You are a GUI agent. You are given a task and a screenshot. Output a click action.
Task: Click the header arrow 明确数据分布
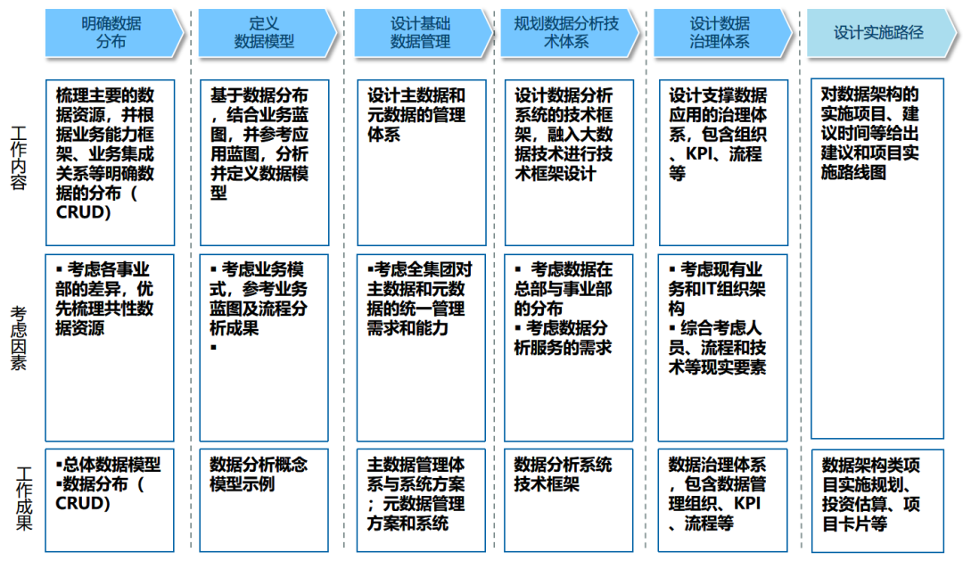point(111,33)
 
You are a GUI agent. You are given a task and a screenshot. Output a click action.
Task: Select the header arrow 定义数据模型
point(264,33)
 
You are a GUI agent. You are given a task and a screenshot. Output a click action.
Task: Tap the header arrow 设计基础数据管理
point(420,33)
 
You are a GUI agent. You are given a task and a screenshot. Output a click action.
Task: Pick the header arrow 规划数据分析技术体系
point(567,33)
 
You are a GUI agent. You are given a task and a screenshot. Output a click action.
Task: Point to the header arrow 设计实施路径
point(878,33)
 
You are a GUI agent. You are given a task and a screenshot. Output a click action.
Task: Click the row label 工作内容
point(20,158)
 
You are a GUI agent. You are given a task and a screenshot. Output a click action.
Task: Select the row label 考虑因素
point(20,339)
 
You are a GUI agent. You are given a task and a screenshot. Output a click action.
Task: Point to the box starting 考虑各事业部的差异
point(110,348)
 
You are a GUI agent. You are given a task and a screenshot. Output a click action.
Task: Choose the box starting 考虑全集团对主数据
point(422,348)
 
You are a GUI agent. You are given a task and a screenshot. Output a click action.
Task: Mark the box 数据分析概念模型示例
point(264,499)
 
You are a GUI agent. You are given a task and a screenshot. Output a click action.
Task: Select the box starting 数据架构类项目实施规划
point(877,499)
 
